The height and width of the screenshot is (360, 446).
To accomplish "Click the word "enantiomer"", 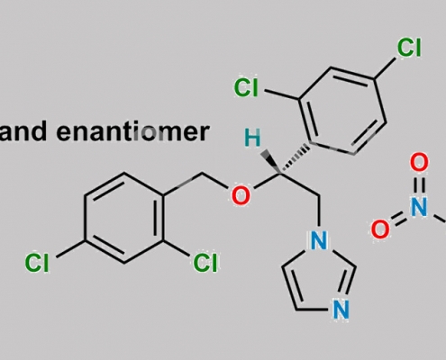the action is [x=132, y=131].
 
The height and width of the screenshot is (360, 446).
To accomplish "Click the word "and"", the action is [x=23, y=131].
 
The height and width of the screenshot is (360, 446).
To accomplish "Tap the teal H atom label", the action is [x=252, y=138].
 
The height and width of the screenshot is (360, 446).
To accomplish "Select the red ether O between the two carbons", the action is [x=241, y=195].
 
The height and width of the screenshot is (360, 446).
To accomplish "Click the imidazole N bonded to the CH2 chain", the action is [x=319, y=240].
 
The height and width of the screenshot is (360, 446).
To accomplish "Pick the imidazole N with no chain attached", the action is [x=341, y=310].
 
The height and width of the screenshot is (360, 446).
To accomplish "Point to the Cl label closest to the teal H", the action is [x=246, y=87].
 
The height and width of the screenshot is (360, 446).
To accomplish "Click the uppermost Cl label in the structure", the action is [x=409, y=48].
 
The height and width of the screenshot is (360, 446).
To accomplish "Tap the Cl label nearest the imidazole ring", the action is [x=205, y=263].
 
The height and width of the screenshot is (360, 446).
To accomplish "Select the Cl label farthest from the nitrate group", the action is [x=37, y=263].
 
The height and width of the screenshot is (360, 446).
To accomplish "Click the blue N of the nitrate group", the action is [x=419, y=207].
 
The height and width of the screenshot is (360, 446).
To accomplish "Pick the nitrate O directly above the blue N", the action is [x=419, y=162].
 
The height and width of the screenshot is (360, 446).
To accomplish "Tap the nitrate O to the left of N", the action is [x=380, y=229].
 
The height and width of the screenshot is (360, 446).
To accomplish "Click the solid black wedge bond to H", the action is [x=271, y=162].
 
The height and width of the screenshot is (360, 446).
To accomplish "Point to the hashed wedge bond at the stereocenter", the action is [x=295, y=159].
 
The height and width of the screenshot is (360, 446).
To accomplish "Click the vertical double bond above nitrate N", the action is [x=419, y=184].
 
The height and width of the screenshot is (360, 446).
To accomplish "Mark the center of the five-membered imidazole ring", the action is [x=318, y=277].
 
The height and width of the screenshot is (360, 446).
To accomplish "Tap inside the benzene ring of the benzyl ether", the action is [x=124, y=218].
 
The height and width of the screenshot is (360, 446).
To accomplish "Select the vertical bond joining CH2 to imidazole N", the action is [x=319, y=211].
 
